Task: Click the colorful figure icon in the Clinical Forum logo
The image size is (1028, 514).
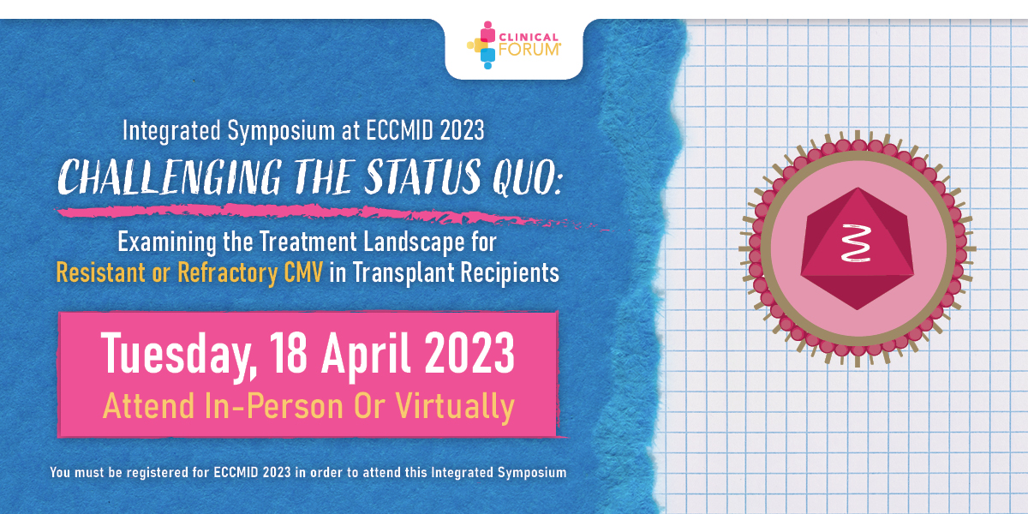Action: coord(481,45)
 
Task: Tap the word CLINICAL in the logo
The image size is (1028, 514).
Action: coord(529,37)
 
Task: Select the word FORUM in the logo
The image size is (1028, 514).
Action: coord(529,50)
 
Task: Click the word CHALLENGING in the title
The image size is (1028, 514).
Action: coord(170,177)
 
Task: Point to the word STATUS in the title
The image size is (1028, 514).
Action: coord(422,176)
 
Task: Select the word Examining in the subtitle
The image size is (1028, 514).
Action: coord(167,242)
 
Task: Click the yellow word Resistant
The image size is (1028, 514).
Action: coord(100,272)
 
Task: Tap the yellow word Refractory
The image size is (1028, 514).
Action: coord(227,273)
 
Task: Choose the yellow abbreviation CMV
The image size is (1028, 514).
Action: coord(303,272)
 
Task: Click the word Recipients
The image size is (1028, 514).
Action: coord(510,273)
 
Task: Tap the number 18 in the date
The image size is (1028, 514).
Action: coord(288,353)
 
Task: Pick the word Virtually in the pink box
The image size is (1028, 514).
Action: coord(455,407)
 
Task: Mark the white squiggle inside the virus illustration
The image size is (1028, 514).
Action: coord(856,243)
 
